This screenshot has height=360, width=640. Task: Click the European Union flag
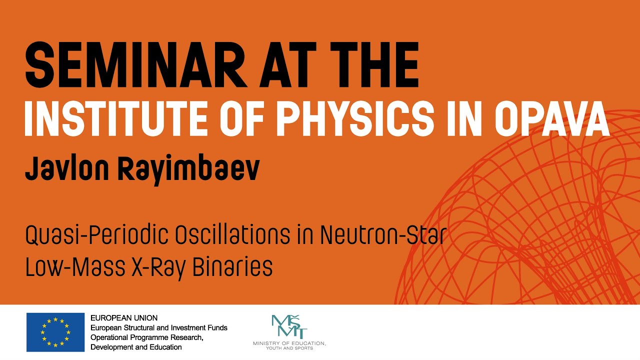(55, 332)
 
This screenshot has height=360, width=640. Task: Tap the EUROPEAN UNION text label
(124, 318)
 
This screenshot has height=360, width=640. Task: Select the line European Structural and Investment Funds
(158, 327)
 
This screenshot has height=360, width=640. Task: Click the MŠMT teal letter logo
(289, 326)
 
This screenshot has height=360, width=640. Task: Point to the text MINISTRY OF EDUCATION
(289, 343)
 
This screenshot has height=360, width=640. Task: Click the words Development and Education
(136, 347)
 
